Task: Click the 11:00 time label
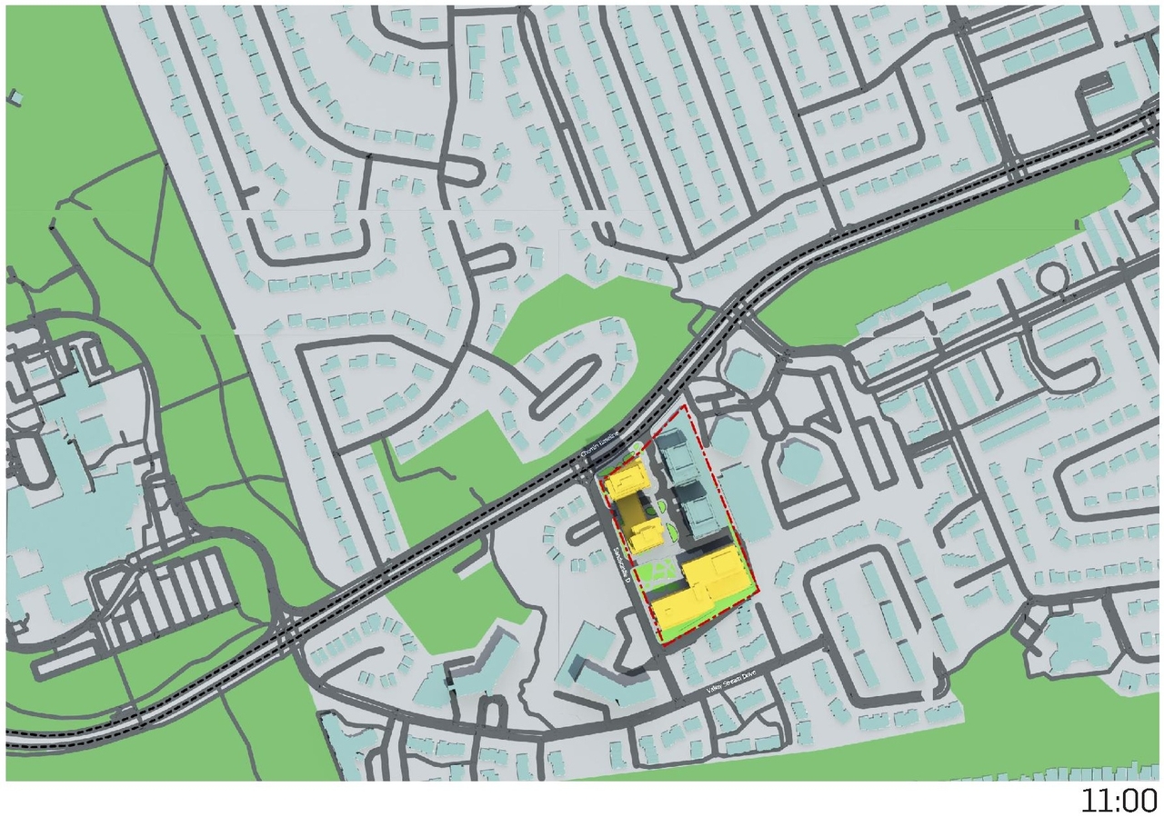pos(1118,801)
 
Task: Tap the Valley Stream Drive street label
pos(743,689)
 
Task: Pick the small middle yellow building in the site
pos(647,535)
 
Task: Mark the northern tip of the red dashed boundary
pos(684,408)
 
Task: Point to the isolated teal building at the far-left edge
pos(15,95)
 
